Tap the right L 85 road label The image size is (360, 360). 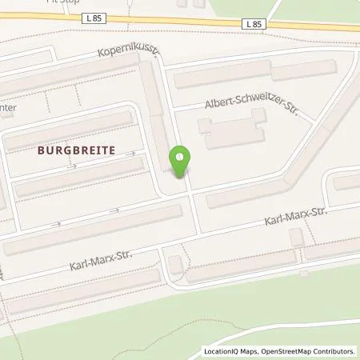(x=253, y=25)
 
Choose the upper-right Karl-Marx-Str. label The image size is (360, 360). (x=298, y=217)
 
